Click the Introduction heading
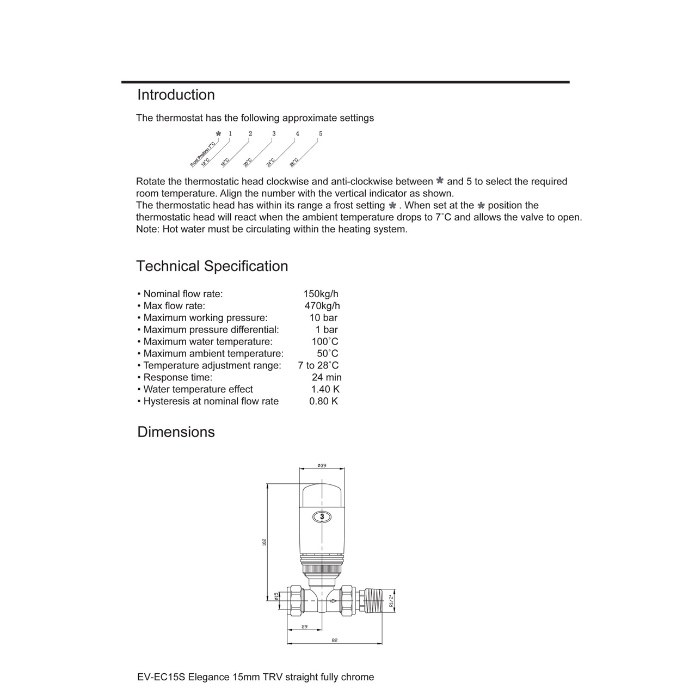coord(176,95)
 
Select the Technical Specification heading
coord(212,266)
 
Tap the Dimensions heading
coord(176,432)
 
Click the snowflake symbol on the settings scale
coord(218,134)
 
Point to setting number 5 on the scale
coord(321,134)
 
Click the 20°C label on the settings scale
coord(248,162)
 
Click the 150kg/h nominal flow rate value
coord(321,294)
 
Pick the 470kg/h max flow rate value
coord(322,306)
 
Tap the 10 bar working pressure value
coord(323,318)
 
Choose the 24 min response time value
coord(327,378)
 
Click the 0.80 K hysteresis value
coord(323,402)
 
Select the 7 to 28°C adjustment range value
coord(318,366)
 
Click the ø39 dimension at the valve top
coord(322,465)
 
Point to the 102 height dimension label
coord(265,542)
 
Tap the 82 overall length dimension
coord(334,641)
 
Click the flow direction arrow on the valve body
coord(333,601)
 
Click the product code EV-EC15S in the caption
coord(162,677)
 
